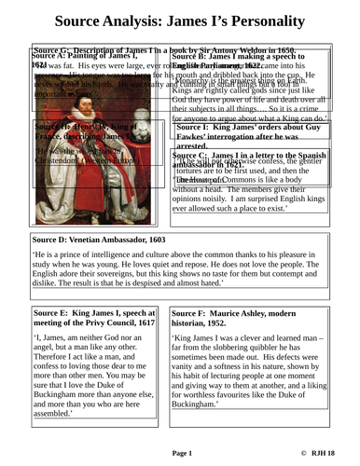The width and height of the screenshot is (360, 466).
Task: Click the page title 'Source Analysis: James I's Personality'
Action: [179, 19]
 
